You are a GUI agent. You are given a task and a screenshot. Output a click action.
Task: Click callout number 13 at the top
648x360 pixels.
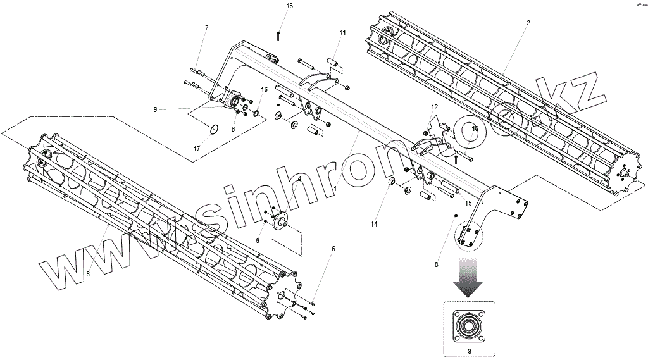point(272,6)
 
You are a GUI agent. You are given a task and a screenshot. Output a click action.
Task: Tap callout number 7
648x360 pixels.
point(206,28)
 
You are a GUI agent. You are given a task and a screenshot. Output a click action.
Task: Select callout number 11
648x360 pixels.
point(342,32)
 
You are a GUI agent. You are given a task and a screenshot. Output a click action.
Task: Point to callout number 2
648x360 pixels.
point(528,23)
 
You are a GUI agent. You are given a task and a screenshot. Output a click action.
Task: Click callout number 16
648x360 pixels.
point(265,89)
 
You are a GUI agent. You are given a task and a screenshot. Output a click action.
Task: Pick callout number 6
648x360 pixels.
point(233,128)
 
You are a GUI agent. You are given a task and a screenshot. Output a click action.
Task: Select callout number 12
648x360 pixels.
point(435,108)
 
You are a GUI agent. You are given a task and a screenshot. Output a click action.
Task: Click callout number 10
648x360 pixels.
point(475,128)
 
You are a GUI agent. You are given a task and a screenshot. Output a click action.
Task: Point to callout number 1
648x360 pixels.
point(336,188)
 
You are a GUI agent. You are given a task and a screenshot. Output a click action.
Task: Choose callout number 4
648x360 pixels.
point(299,179)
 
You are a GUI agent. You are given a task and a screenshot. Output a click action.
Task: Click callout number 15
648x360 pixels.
point(469,203)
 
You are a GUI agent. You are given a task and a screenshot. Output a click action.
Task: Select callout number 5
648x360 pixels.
point(333,249)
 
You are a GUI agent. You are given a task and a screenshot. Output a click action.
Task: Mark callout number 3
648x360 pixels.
point(88,273)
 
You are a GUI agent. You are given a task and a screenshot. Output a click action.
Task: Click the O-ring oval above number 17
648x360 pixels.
point(215,130)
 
